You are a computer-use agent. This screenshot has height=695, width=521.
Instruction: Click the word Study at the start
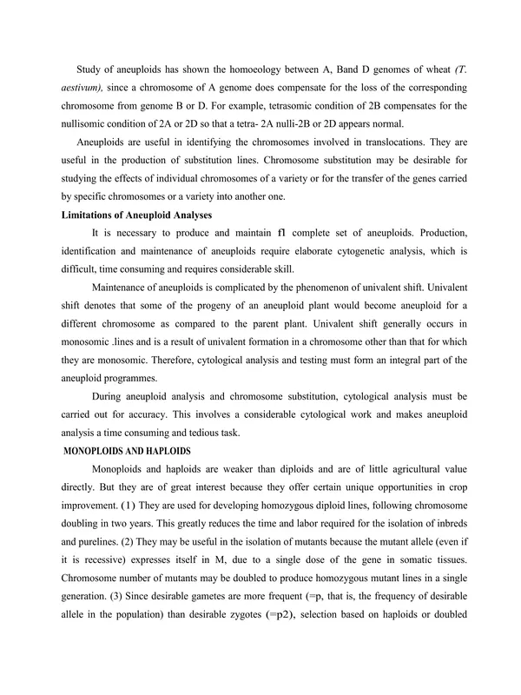91,72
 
